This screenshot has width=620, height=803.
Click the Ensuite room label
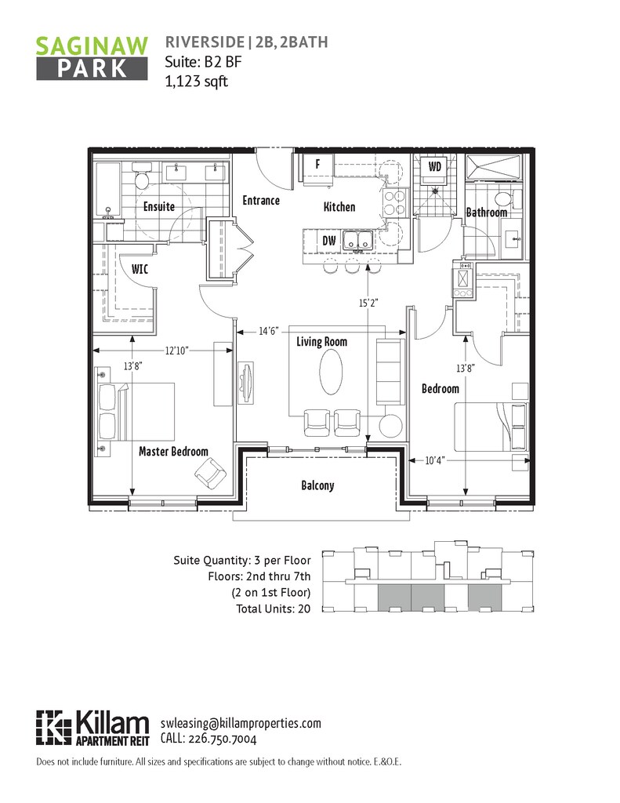[158, 206]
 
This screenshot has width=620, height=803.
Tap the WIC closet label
[140, 269]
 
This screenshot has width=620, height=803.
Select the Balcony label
[317, 485]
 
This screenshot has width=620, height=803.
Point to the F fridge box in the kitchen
[317, 165]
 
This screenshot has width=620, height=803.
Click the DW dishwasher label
[329, 240]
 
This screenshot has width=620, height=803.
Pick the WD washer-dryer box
[435, 166]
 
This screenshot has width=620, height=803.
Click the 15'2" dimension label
[368, 303]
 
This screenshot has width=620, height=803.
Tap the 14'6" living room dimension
[268, 332]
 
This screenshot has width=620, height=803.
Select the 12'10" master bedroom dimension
[176, 351]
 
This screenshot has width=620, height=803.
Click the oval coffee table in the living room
[331, 371]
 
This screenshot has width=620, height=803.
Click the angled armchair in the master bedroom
[210, 473]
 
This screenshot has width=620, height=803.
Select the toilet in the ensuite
[141, 176]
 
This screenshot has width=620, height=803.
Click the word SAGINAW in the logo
[92, 46]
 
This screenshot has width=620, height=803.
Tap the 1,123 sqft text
[196, 82]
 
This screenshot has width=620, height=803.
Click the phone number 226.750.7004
[223, 739]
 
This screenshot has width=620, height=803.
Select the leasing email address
[241, 723]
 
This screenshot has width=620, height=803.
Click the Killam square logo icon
[54, 728]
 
